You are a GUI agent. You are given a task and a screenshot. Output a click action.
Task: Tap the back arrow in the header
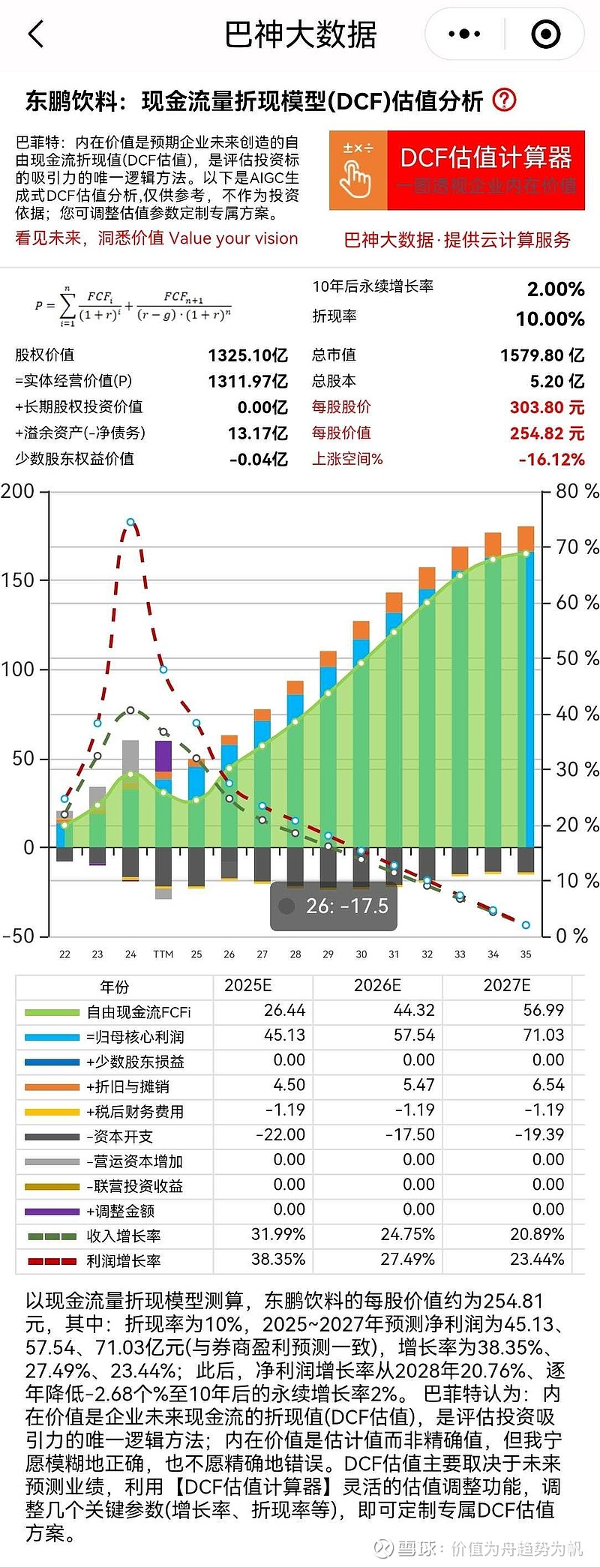click(x=36, y=34)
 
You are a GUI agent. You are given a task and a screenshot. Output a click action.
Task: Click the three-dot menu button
click(x=464, y=34)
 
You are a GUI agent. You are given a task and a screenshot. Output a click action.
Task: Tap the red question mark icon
click(x=505, y=100)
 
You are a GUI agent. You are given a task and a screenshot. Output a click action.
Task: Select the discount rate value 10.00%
click(x=550, y=319)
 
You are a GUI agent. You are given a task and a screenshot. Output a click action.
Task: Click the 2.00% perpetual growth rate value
click(x=555, y=289)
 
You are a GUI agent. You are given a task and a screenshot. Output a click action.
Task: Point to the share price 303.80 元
click(x=547, y=408)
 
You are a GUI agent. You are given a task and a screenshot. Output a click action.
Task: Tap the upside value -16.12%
click(x=551, y=460)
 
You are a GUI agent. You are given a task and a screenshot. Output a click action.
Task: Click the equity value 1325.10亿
click(x=247, y=355)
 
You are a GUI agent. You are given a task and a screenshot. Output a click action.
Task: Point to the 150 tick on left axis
click(x=18, y=580)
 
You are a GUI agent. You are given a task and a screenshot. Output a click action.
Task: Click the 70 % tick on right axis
click(x=577, y=547)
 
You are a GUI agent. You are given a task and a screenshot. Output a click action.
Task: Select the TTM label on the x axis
click(x=163, y=954)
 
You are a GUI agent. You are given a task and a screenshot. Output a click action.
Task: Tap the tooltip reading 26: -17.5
click(x=333, y=906)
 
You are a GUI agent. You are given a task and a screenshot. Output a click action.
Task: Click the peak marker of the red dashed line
click(x=130, y=522)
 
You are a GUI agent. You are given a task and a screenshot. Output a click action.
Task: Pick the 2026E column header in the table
click(x=377, y=985)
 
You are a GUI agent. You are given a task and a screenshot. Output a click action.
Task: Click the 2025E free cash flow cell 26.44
click(x=284, y=1011)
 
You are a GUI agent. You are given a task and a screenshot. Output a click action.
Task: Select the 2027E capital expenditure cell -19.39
click(x=539, y=1135)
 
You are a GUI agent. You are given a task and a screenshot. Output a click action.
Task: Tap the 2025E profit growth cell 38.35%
click(x=278, y=1260)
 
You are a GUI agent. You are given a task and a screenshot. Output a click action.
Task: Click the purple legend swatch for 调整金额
click(x=52, y=1211)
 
